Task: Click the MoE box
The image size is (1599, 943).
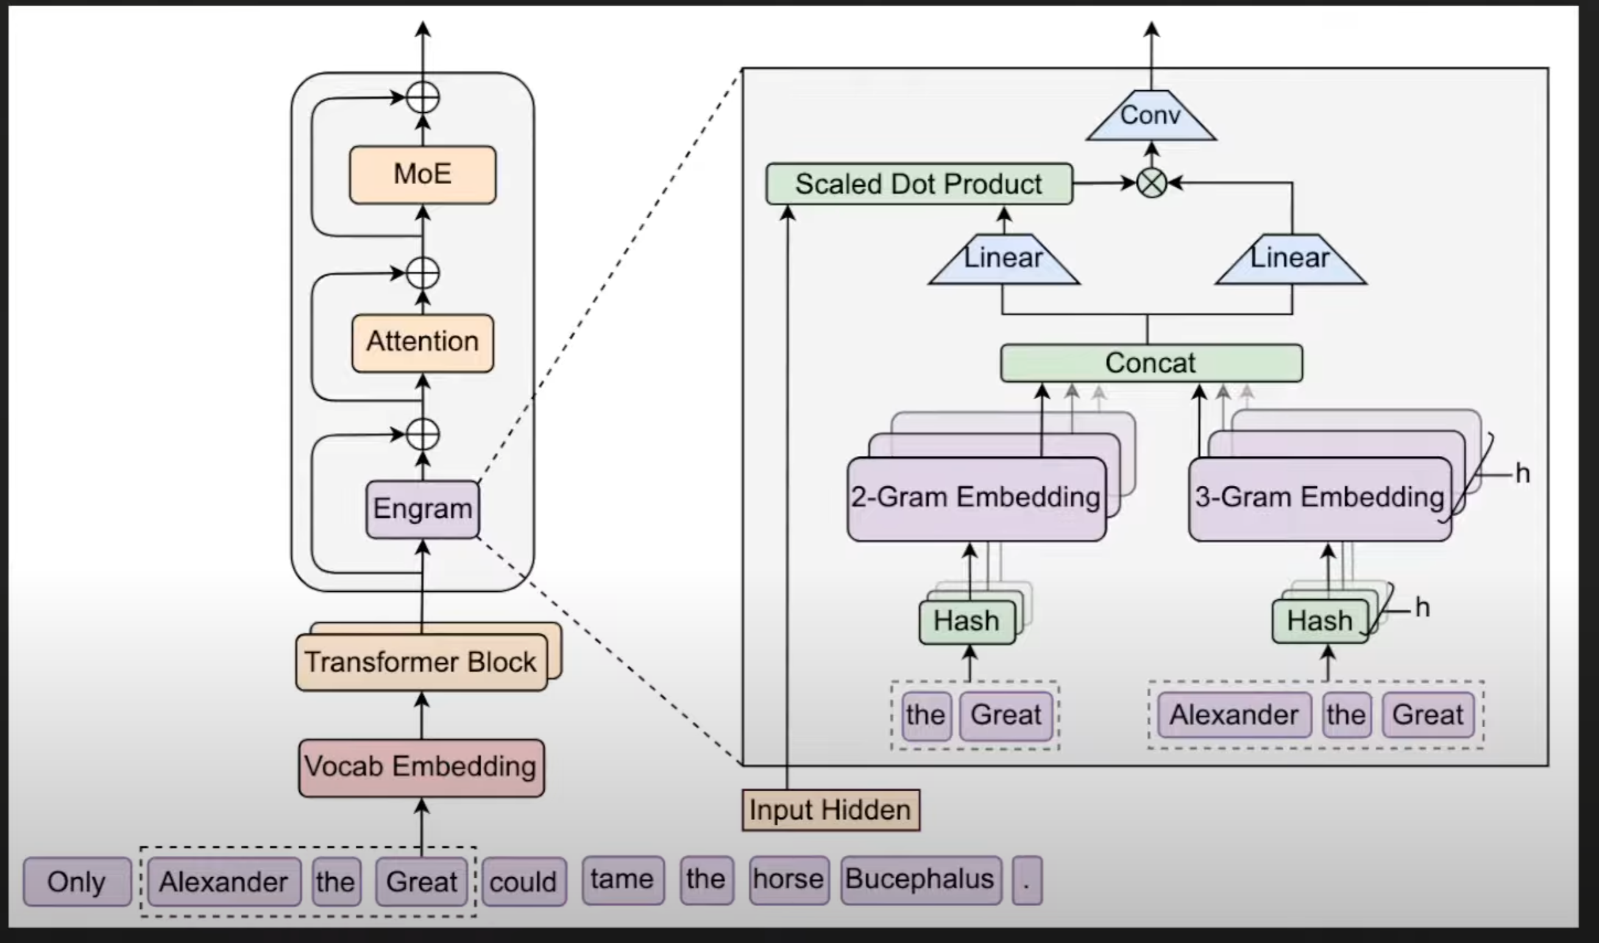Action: click(422, 175)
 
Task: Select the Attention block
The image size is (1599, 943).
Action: click(422, 343)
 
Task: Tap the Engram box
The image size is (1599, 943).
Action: click(422, 509)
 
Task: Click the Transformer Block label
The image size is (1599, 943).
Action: click(420, 662)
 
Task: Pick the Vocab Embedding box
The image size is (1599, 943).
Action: click(421, 767)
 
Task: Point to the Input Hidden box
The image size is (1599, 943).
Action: click(831, 810)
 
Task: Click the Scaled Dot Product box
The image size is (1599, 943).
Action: click(918, 184)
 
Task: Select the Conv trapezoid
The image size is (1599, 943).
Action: click(1150, 116)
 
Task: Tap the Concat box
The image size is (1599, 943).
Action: click(1150, 363)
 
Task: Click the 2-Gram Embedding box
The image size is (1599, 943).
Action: click(976, 498)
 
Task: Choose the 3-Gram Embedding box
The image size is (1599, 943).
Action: click(1319, 498)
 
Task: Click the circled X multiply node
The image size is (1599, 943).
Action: click(1151, 183)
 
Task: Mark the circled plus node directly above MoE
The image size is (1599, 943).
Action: click(422, 98)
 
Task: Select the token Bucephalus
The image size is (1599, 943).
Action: click(920, 880)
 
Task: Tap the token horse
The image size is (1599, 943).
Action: click(789, 880)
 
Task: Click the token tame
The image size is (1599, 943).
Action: click(622, 880)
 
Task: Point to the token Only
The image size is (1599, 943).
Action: click(77, 882)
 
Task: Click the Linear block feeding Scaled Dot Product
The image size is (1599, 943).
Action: click(1003, 258)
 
